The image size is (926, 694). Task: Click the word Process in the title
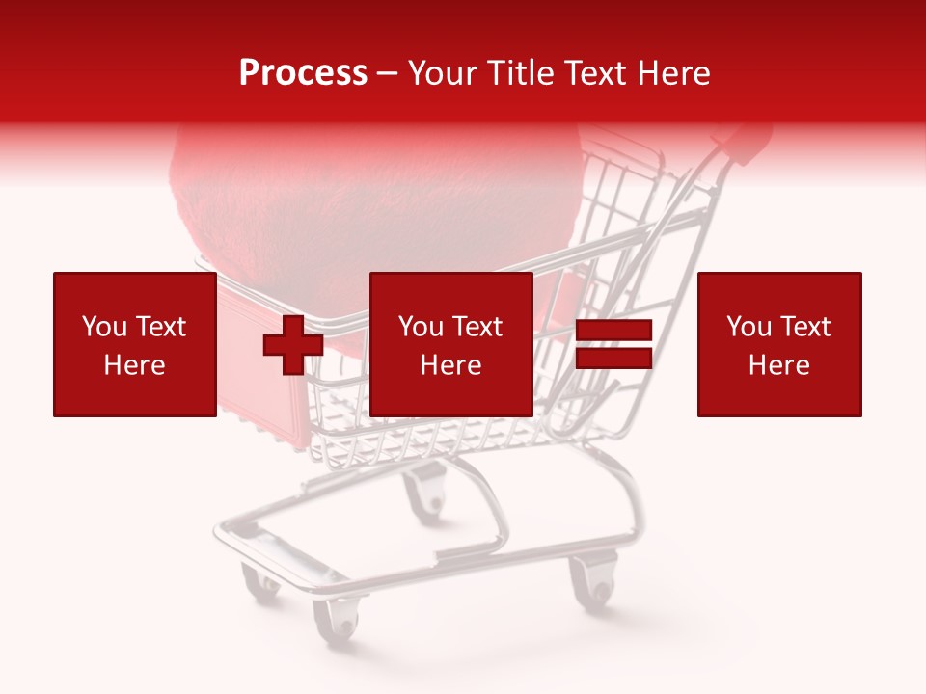pyautogui.click(x=303, y=73)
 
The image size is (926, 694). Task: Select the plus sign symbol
pyautogui.click(x=293, y=345)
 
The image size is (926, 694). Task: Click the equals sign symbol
pyautogui.click(x=613, y=345)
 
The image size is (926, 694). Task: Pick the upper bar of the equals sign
pyautogui.click(x=613, y=331)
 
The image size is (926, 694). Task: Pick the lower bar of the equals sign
pyautogui.click(x=613, y=360)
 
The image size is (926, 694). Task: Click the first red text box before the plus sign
pyautogui.click(x=134, y=344)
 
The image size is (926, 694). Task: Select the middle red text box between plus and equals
pyautogui.click(x=450, y=344)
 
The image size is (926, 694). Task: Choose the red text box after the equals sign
pyautogui.click(x=778, y=344)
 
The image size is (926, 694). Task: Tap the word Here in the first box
pyautogui.click(x=134, y=365)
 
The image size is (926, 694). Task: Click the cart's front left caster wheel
pyautogui.click(x=335, y=618)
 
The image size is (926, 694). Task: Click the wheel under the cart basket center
pyautogui.click(x=425, y=494)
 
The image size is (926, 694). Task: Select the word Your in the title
pyautogui.click(x=443, y=73)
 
